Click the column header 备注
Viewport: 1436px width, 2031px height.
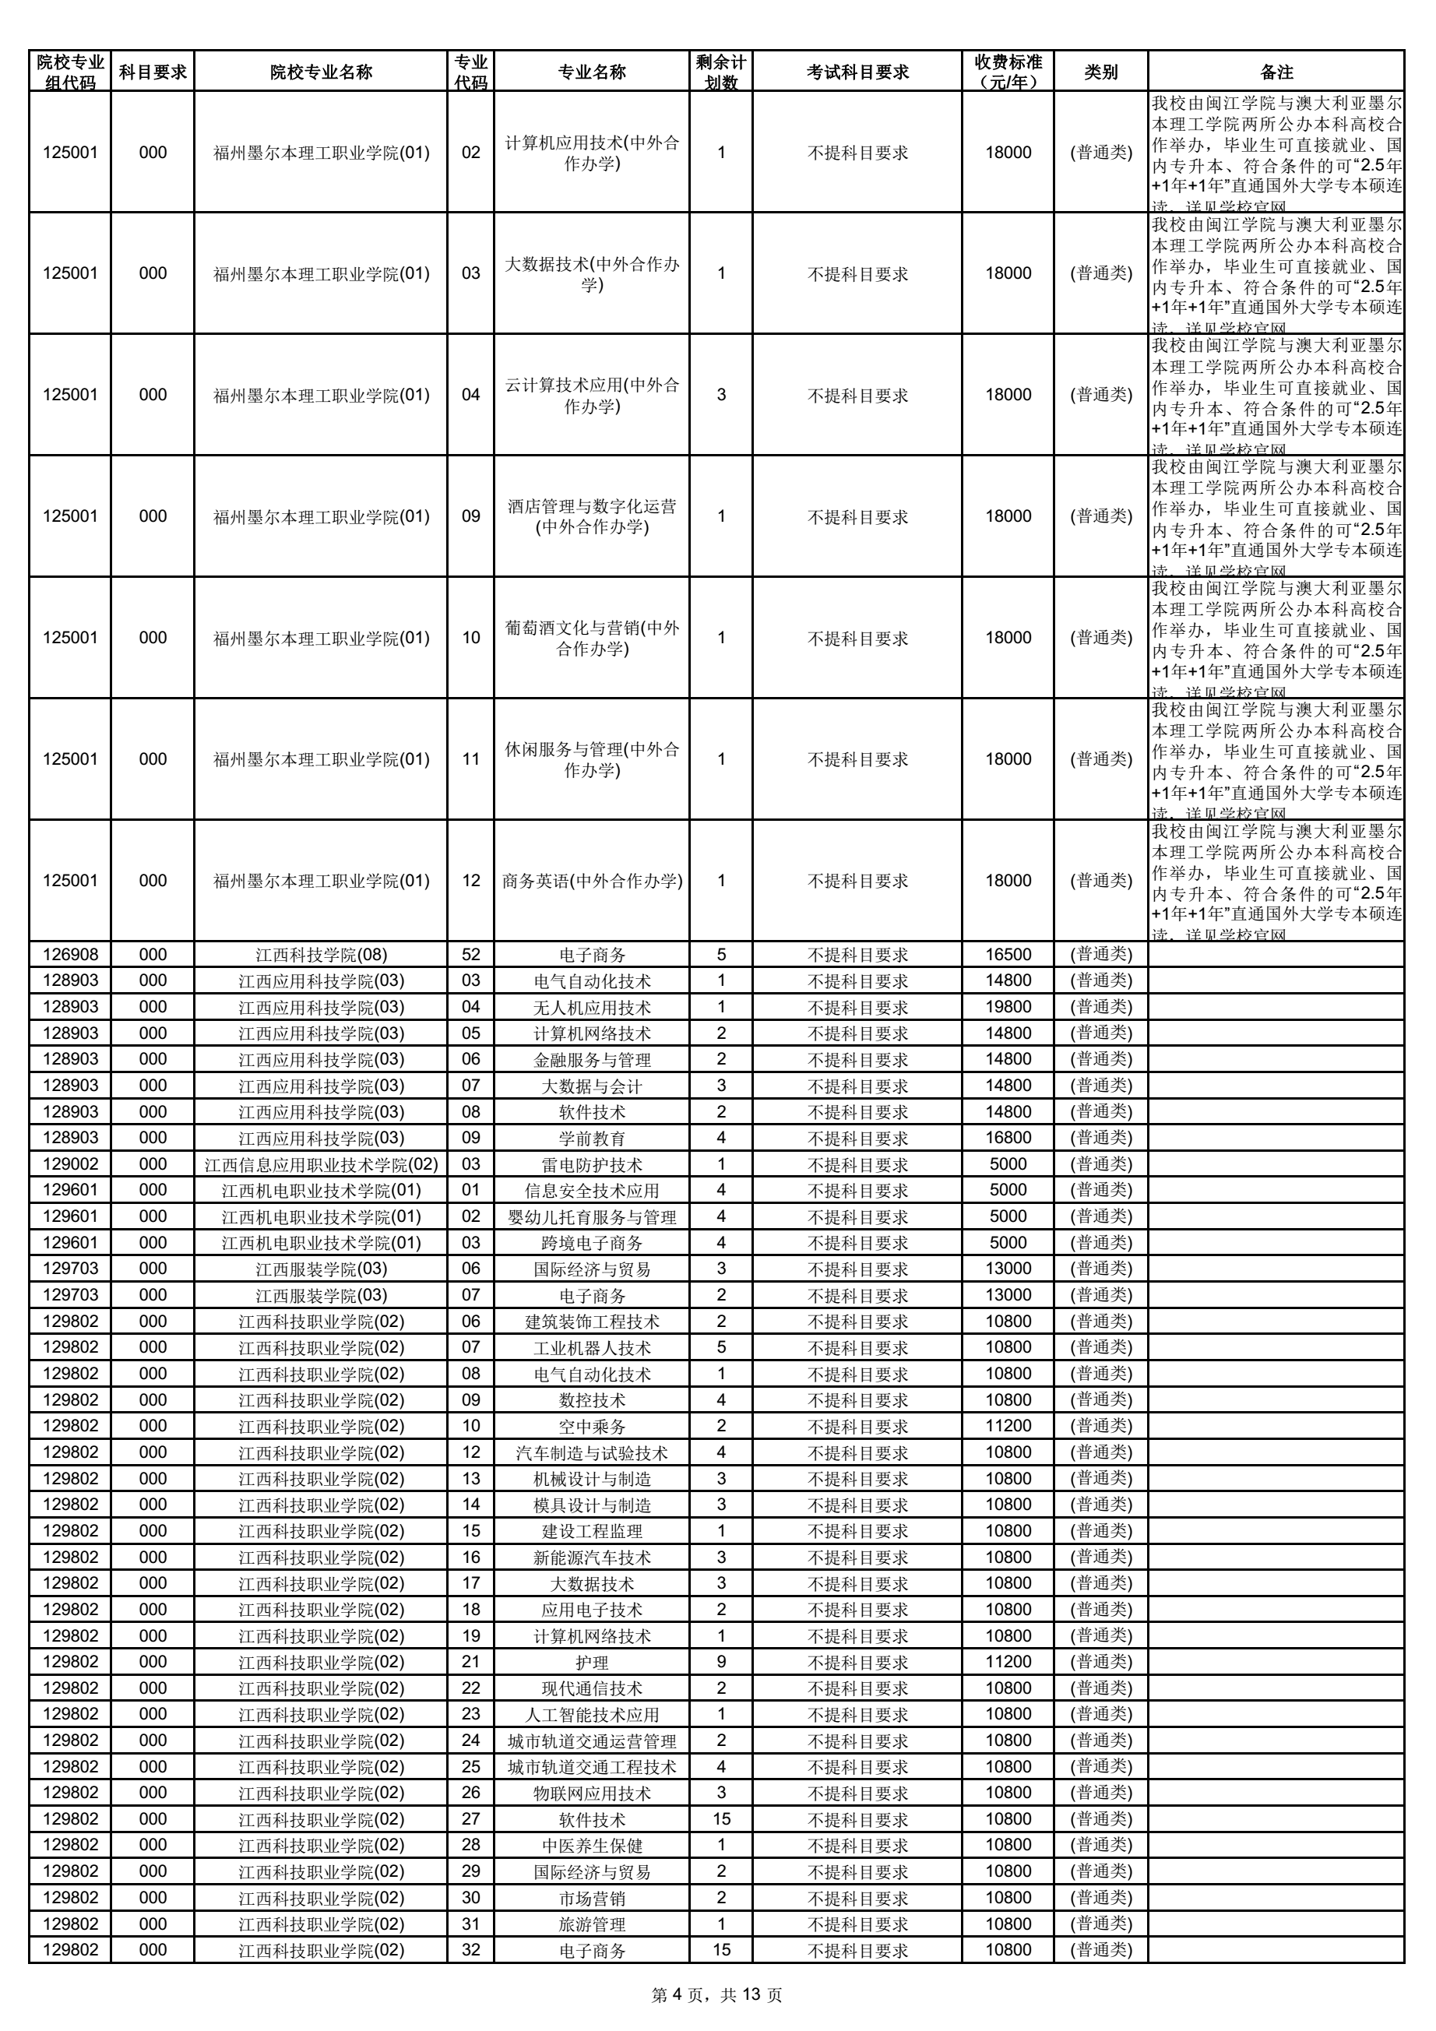click(1276, 72)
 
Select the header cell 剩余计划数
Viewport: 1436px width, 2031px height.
click(720, 72)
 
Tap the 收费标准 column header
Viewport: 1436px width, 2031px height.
click(1008, 72)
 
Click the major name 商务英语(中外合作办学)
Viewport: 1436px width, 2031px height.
click(592, 881)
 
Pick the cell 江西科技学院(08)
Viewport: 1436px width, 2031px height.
click(321, 955)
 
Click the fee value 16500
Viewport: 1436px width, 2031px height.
click(1008, 955)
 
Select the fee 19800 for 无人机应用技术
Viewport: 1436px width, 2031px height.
click(1008, 1007)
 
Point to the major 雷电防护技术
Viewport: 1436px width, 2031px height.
click(592, 1164)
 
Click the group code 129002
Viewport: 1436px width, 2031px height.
click(70, 1164)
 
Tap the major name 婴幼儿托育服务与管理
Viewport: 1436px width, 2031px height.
click(592, 1216)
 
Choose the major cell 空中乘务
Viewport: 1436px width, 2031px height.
click(592, 1426)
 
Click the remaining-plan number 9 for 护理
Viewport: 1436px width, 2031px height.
click(720, 1662)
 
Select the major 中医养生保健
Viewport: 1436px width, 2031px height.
click(592, 1845)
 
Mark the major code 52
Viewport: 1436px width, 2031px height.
click(470, 955)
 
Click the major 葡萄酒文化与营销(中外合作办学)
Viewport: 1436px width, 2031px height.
click(592, 638)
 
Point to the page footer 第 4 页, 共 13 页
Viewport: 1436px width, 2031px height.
click(716, 1994)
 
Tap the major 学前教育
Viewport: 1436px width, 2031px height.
click(592, 1138)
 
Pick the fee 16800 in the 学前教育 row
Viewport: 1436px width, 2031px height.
click(1008, 1138)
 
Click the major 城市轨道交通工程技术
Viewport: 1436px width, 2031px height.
click(592, 1766)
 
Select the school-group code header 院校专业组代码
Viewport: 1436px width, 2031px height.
click(70, 72)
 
